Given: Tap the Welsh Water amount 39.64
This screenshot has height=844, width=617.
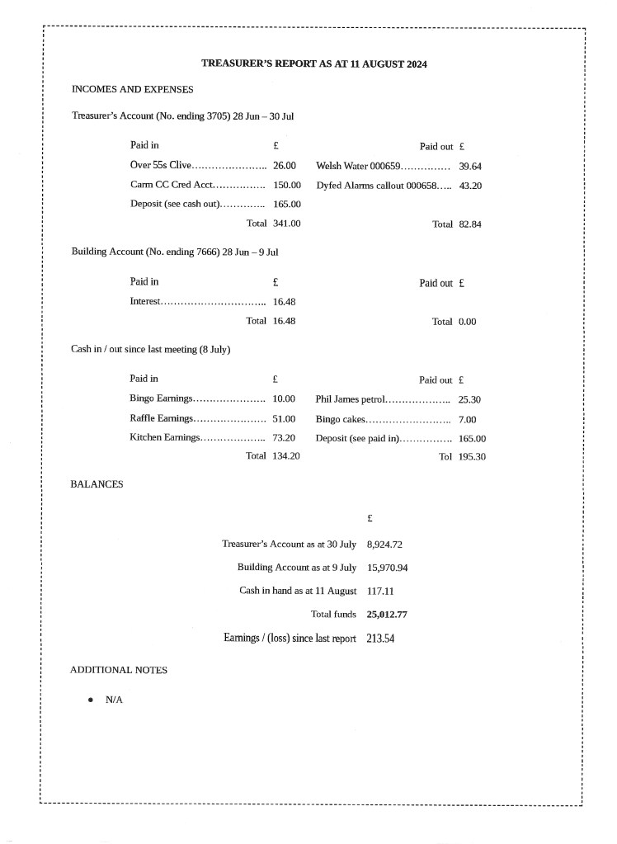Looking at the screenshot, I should point(470,166).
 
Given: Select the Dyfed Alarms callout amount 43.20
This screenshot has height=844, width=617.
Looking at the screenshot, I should point(470,186).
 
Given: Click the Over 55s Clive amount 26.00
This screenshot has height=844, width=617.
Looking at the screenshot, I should point(285,166).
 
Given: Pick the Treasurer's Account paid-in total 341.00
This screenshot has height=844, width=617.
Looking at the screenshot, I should point(286,223).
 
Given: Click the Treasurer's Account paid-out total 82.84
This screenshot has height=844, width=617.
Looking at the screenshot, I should point(470,224).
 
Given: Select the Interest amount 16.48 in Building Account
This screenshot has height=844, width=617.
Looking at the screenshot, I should point(284,302).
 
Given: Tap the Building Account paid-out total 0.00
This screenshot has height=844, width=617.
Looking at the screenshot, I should point(467,322).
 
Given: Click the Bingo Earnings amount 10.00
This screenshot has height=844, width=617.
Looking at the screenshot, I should point(284,399).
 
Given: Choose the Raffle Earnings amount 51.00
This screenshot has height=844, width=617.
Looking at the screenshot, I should point(284,418).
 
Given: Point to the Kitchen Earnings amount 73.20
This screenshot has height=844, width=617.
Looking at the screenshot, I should point(284,437).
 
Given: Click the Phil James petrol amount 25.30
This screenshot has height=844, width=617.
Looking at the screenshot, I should point(469,399).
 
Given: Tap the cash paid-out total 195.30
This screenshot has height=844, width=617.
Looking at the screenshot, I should point(472,457).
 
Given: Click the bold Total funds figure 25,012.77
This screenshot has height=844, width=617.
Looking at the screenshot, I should point(387,615).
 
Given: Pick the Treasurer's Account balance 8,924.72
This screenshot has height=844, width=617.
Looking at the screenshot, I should point(384,545).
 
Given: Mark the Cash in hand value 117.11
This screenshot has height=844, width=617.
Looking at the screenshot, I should point(380,592).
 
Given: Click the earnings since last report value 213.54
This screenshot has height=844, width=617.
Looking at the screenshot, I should point(380,639).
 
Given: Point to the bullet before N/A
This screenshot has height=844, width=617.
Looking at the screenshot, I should point(90,700).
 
